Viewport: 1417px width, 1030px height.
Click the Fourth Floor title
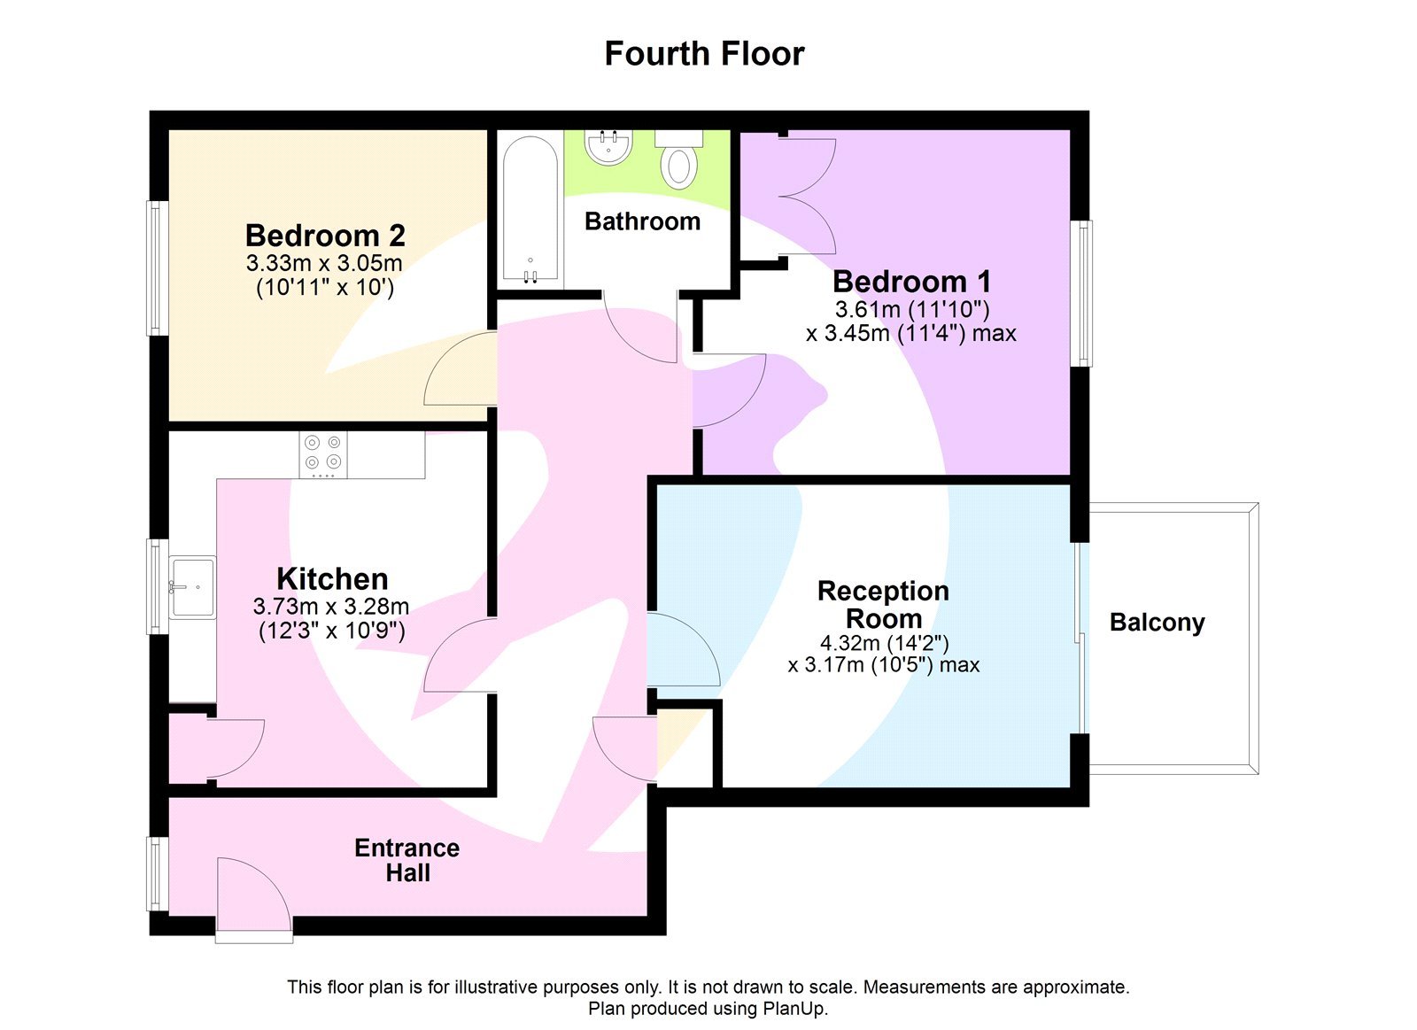[x=704, y=54]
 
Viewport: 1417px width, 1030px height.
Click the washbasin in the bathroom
[x=608, y=147]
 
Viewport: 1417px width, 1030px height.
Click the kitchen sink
[x=192, y=586]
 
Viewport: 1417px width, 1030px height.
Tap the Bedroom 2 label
[x=325, y=236]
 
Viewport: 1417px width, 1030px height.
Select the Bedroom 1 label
[x=911, y=282]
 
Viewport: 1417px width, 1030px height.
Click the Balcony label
[x=1157, y=623]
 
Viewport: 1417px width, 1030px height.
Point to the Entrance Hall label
[x=407, y=860]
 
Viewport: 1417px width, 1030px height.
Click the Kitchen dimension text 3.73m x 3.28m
[x=330, y=607]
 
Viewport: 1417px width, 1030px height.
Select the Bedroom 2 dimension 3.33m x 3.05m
[x=324, y=263]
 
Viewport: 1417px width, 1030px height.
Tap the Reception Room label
[x=883, y=604]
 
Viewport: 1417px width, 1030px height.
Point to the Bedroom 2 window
[x=157, y=267]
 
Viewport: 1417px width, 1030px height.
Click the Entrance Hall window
[x=157, y=874]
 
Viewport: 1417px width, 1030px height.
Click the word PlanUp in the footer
[x=794, y=1009]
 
